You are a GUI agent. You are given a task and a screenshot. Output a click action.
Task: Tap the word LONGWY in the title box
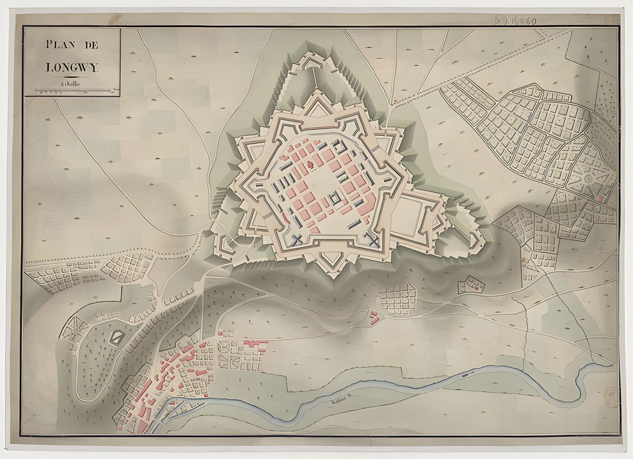tap(72, 68)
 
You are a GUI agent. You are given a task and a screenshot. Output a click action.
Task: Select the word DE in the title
tap(91, 45)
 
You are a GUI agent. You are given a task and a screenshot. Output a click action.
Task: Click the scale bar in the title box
tap(75, 90)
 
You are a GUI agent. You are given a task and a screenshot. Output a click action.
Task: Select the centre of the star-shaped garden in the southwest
tap(75, 330)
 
